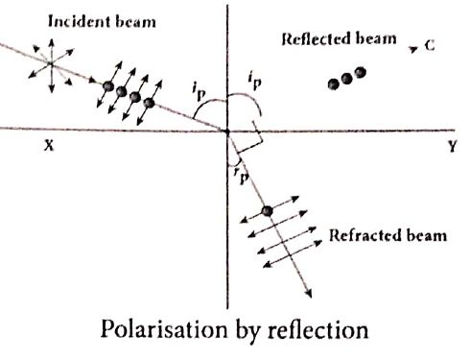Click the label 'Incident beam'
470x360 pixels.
[x=102, y=22]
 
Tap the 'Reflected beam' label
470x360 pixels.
[x=339, y=38]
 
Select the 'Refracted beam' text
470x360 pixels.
[x=388, y=235]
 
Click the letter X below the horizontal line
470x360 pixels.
[x=49, y=146]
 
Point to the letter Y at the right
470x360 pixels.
[x=452, y=146]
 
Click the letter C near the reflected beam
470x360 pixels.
[x=430, y=46]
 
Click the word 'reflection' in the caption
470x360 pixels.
[x=317, y=329]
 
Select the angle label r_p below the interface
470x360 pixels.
[x=242, y=175]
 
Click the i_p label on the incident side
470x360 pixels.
[x=200, y=91]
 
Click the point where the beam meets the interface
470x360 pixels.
[x=227, y=131]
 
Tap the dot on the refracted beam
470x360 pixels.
[x=268, y=211]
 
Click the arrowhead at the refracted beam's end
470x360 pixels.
[x=309, y=294]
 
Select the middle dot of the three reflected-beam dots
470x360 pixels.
[x=346, y=79]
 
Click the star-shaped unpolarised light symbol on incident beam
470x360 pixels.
[x=51, y=65]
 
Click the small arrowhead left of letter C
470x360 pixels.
[x=413, y=49]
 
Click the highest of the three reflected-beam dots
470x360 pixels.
[x=360, y=72]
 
